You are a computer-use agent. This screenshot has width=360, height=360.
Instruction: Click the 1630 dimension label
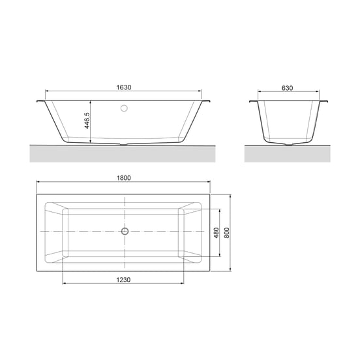(124, 87)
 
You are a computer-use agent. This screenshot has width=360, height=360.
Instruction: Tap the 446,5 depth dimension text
(87, 121)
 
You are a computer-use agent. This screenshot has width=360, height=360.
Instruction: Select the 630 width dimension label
(287, 88)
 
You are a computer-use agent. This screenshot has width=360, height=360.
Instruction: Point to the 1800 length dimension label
(123, 178)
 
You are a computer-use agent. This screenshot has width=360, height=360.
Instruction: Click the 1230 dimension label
(123, 280)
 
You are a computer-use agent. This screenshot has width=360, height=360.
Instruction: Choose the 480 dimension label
(217, 233)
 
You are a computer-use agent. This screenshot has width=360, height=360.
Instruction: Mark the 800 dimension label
(226, 233)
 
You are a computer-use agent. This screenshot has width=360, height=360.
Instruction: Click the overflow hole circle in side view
(124, 108)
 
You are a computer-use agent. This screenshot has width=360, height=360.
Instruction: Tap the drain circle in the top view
(125, 232)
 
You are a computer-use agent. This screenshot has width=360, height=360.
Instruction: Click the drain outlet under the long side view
(124, 145)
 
